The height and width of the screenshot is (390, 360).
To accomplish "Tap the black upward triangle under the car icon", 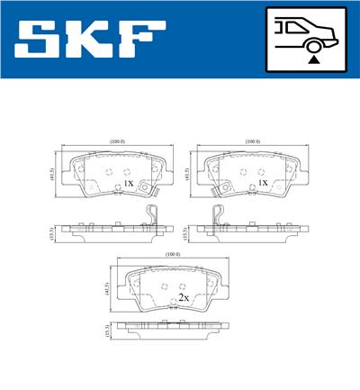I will coord(312,58).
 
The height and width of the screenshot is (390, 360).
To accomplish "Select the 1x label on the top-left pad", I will coord(128,183).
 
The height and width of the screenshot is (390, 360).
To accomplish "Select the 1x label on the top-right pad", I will coord(263,182).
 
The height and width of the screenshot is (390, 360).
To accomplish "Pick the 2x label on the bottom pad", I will coord(183,296).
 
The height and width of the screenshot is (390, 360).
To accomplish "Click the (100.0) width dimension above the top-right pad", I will coord(252,141).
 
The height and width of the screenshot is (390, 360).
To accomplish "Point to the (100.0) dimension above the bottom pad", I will coord(173,255).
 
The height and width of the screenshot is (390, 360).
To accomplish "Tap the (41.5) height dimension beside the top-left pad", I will coord(49,175).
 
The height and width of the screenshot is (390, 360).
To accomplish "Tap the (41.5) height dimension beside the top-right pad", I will coord(186,175).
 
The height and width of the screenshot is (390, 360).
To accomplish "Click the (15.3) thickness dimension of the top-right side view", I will coord(186,233).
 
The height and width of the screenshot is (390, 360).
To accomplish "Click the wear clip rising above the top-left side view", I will coord(153,217).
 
